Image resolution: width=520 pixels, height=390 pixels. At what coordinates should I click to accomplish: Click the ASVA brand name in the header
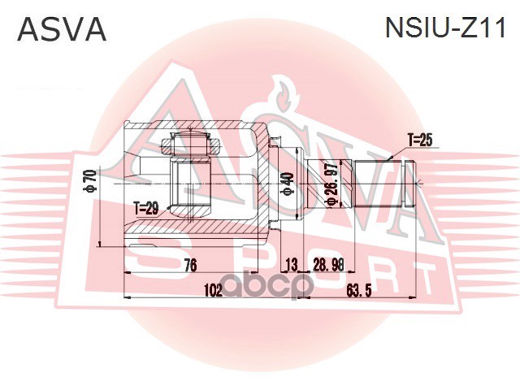pyautogui.click(x=63, y=30)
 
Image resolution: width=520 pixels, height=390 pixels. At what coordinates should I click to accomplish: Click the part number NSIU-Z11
pyautogui.click(x=444, y=30)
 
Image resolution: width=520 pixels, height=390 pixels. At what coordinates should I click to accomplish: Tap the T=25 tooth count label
pyautogui.click(x=420, y=140)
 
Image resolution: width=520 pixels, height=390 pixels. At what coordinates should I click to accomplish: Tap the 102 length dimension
pyautogui.click(x=213, y=289)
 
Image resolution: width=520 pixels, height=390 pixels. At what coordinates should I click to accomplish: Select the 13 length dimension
pyautogui.click(x=292, y=264)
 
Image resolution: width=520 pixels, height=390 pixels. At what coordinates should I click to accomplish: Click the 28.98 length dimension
pyautogui.click(x=328, y=264)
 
